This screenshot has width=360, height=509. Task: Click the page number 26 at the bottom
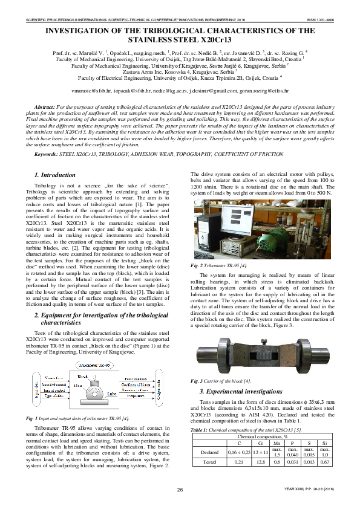pyautogui.click(x=180, y=488)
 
